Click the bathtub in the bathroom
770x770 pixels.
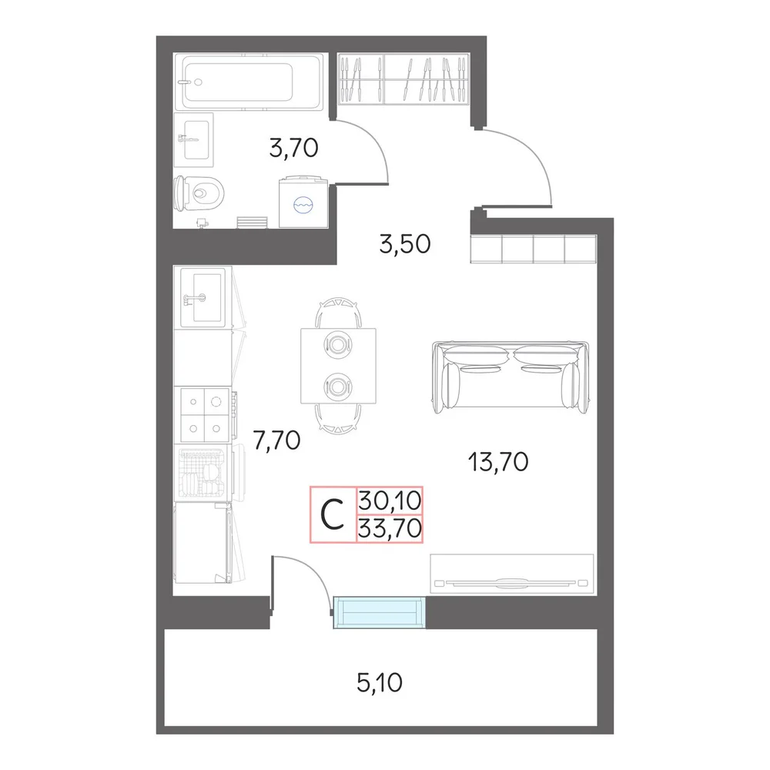(249, 82)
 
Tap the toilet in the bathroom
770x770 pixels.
(199, 193)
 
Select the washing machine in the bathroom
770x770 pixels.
(303, 202)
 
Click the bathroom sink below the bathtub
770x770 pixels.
(194, 140)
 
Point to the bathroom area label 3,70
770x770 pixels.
(293, 148)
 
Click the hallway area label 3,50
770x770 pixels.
(405, 244)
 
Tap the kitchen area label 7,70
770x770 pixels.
(276, 440)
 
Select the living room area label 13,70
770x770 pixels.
(498, 462)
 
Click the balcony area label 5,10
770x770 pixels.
(380, 682)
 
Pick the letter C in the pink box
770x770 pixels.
(333, 514)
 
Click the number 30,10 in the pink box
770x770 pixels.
(390, 501)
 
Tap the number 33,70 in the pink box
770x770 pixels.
(390, 528)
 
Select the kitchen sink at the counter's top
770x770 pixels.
(203, 297)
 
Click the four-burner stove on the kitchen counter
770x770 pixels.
(205, 415)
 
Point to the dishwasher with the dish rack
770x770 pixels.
(203, 473)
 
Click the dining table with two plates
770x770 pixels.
(338, 366)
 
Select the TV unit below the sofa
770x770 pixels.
(512, 574)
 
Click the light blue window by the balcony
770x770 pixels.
(379, 612)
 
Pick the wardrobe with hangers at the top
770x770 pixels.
(403, 79)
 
